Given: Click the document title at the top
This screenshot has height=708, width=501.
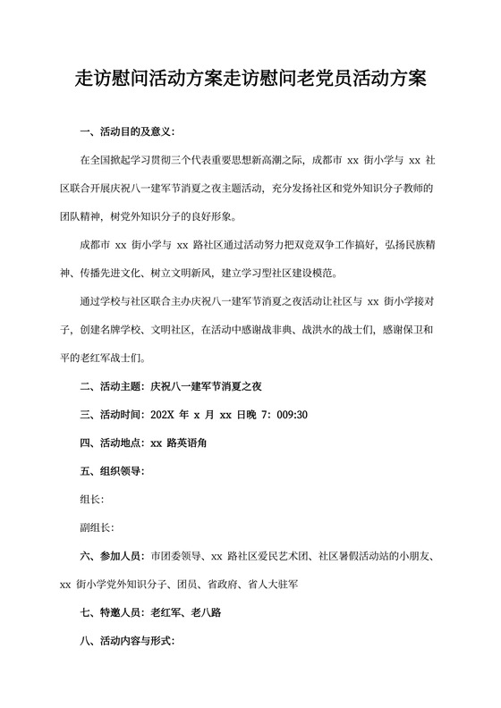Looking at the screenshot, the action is click(x=250, y=80).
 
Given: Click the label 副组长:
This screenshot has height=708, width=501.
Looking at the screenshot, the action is click(x=97, y=527).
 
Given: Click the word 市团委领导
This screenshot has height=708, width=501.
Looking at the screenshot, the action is click(x=178, y=556).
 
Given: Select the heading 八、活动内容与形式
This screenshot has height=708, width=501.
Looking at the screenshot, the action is click(x=127, y=641).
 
